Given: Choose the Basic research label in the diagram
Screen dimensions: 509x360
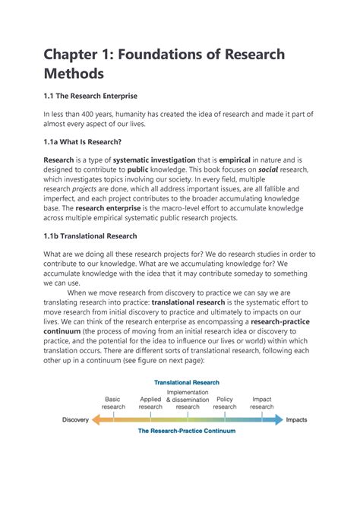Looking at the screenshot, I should (113, 403).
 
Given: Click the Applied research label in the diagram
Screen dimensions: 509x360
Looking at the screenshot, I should (150, 403).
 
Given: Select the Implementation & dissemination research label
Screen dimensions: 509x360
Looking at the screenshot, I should (188, 399).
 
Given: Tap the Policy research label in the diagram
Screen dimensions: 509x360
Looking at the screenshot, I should (225, 403).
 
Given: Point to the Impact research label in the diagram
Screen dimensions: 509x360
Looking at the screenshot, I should (262, 403).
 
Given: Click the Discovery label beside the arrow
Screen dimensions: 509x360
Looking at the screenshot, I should (75, 419).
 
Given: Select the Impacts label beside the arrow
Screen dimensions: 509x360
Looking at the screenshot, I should (297, 419).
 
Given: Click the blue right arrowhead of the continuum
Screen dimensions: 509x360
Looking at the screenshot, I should (279, 419).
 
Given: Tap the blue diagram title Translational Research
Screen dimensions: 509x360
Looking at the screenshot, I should (187, 382).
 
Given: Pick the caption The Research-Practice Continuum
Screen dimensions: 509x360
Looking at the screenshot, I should (187, 432).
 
